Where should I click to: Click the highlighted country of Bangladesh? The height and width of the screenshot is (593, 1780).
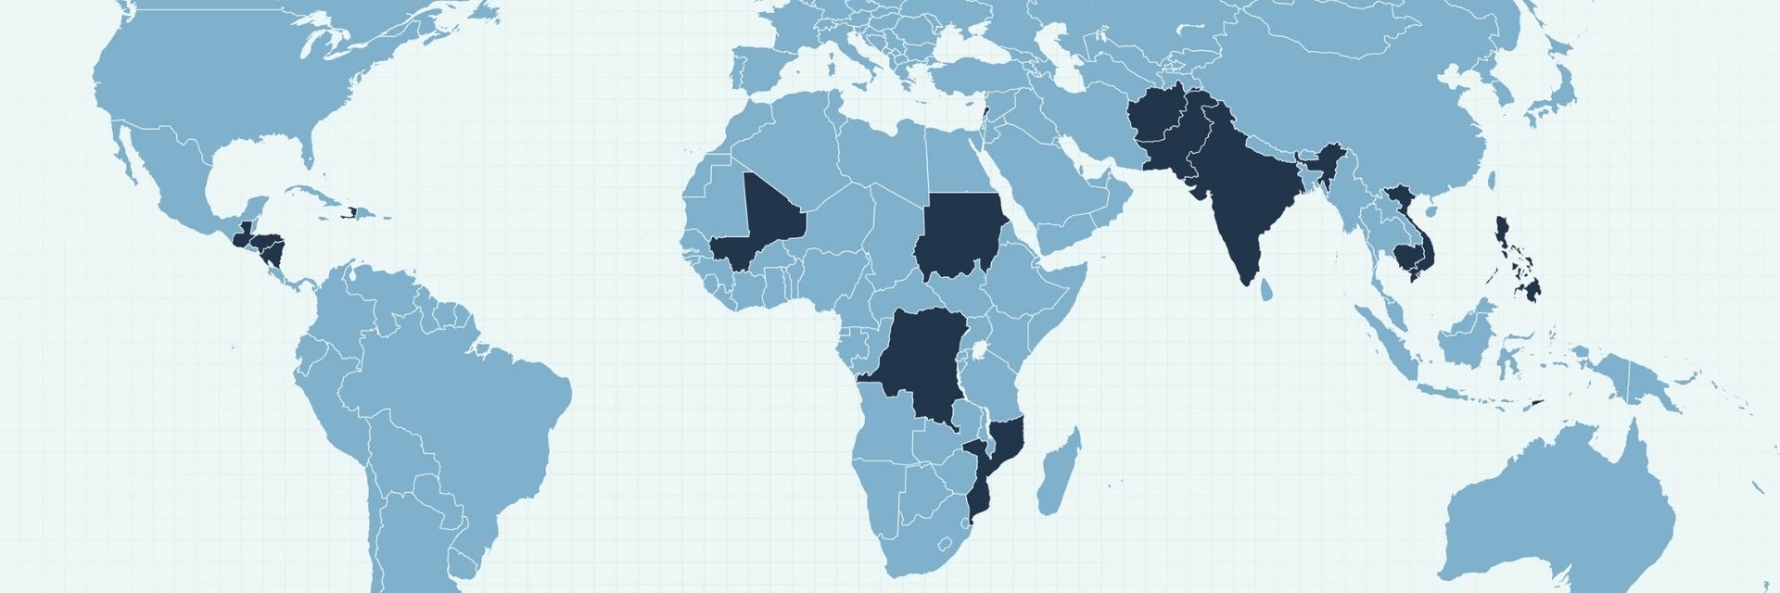[x=1315, y=172]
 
